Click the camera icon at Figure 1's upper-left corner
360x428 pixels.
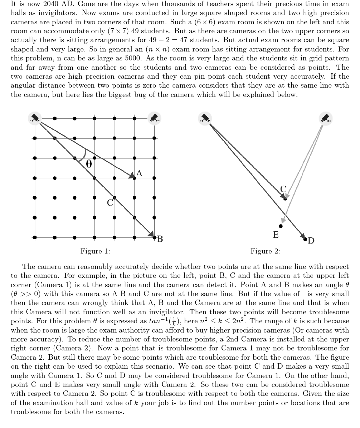[34, 118]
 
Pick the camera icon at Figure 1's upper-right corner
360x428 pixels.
[154, 118]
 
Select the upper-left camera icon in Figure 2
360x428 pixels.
[204, 118]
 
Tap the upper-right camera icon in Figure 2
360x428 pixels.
[325, 118]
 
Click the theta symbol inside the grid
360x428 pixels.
[89, 164]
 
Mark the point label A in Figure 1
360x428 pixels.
[140, 174]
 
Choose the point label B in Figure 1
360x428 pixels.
[160, 239]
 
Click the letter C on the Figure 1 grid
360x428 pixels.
[110, 203]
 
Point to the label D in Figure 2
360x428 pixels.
[311, 241]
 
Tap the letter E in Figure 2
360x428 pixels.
[276, 235]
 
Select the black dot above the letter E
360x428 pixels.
[281, 226]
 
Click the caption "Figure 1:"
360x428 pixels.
[95, 251]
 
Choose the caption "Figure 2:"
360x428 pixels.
[265, 251]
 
